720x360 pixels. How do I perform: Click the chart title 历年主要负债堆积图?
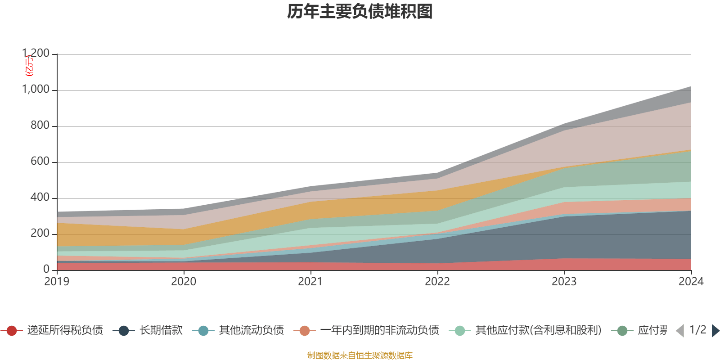[360, 12]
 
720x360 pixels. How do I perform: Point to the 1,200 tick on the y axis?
[36, 54]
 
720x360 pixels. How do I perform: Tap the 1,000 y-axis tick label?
[36, 90]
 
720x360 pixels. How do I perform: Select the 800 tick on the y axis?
[40, 126]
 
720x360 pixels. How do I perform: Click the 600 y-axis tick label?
[40, 162]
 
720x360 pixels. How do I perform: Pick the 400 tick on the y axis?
[40, 198]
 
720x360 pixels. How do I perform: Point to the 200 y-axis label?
[40, 234]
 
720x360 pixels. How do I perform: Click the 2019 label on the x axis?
[57, 282]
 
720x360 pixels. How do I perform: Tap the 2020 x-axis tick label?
[184, 282]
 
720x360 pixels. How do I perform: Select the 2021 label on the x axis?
[310, 282]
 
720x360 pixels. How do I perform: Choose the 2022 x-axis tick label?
[437, 282]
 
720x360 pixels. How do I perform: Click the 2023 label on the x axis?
[564, 282]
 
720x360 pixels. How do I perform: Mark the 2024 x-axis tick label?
[691, 282]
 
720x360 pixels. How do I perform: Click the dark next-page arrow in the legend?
[715, 331]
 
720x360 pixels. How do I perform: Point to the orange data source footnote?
[360, 355]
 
